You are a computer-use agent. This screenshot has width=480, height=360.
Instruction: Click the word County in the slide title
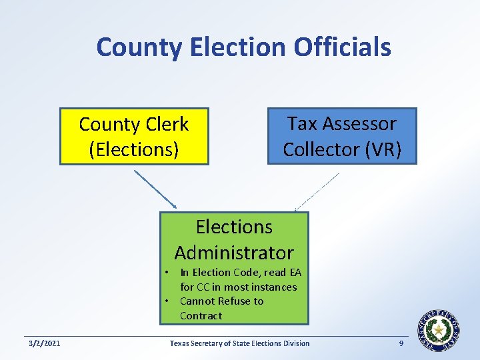pos(139,47)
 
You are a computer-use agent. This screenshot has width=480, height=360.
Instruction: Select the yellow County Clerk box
pos(134,136)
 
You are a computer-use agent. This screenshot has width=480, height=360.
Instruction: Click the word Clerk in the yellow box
pos(169,125)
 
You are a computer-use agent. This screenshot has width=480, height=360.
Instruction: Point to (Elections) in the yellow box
pos(134,149)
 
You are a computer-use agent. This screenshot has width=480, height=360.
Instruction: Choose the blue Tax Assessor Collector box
pos(342,136)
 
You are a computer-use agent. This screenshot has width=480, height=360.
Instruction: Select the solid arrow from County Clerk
pos(155,189)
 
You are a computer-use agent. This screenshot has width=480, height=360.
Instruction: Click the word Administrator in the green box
pos(234,253)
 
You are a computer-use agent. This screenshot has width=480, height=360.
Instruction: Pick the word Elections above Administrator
pos(234,227)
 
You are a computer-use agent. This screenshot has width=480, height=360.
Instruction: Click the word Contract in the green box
pos(201,316)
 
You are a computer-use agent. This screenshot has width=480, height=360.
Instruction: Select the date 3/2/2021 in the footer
pos(44,343)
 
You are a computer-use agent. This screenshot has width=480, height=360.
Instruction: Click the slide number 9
pos(401,343)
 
